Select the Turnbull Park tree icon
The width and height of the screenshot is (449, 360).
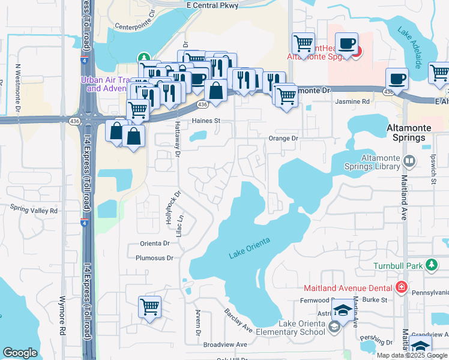(x=431, y=265)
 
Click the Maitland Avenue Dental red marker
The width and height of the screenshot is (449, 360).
(x=401, y=287)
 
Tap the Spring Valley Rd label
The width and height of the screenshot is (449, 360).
(x=34, y=211)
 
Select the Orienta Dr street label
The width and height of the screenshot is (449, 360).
(x=155, y=244)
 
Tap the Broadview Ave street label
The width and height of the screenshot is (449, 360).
(x=225, y=344)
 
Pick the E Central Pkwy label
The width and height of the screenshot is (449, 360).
(x=212, y=5)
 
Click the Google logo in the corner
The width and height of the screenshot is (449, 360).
(x=20, y=353)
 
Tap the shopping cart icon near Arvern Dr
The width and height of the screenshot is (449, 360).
(x=149, y=307)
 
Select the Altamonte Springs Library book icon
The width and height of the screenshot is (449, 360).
(x=409, y=161)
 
